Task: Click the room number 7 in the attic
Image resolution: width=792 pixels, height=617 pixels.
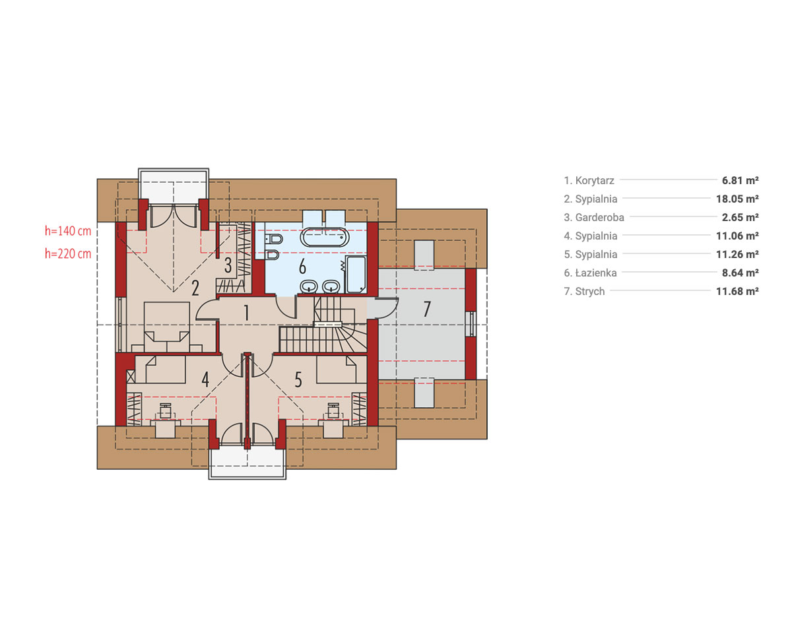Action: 427,309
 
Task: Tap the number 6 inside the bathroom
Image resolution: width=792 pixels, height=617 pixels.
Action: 302,267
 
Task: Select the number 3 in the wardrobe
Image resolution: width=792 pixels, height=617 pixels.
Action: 228,265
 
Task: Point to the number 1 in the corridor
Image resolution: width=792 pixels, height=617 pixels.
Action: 246,313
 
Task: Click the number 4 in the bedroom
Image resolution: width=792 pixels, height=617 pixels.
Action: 205,379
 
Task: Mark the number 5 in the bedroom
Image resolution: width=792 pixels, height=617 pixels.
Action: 298,379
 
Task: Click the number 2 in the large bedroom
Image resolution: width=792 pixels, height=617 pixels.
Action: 195,288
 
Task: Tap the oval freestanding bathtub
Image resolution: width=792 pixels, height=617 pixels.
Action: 324,238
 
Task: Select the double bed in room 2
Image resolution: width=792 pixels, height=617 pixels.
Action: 166,327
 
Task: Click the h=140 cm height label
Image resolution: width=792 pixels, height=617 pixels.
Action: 68,231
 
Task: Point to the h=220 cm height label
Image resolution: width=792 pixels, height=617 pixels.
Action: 68,253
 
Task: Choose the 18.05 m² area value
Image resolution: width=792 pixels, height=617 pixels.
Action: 737,199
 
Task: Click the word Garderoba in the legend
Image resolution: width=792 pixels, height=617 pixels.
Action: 599,218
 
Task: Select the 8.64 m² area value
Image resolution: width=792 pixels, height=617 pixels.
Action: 741,273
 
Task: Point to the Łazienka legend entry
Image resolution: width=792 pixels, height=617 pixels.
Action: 590,273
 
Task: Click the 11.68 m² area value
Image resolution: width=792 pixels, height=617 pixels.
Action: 737,291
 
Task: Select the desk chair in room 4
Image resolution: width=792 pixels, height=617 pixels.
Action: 166,410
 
